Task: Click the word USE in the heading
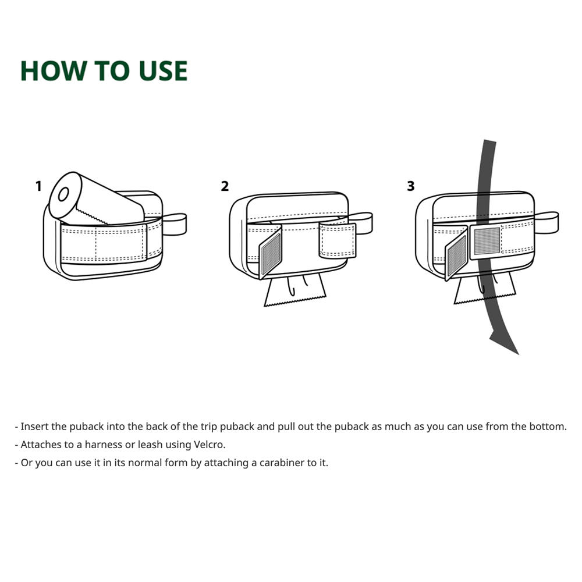pyautogui.click(x=163, y=70)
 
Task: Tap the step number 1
pyautogui.click(x=38, y=186)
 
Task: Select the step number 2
pyautogui.click(x=225, y=186)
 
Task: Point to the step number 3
pyautogui.click(x=410, y=186)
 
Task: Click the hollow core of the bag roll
pyautogui.click(x=63, y=194)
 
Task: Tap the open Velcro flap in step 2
pyautogui.click(x=270, y=253)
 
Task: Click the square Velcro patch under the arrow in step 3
pyautogui.click(x=487, y=242)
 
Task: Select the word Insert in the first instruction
pyautogui.click(x=34, y=426)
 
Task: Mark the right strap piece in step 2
pyautogui.click(x=338, y=240)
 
